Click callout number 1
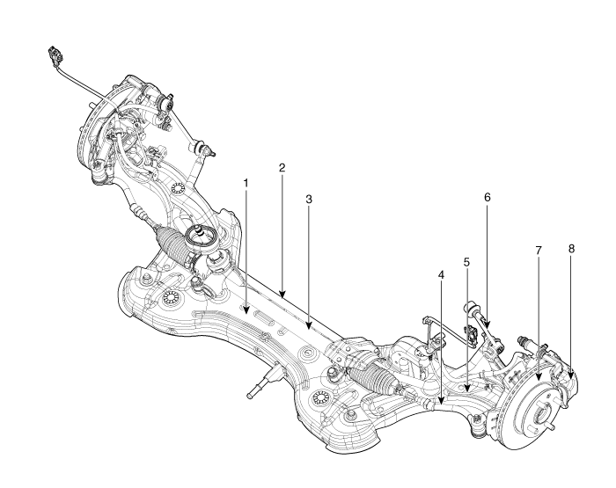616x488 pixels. click(247, 182)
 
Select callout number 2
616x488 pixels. click(282, 167)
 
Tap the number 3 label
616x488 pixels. click(309, 200)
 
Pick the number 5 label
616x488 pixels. click(467, 262)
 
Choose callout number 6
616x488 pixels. click(487, 198)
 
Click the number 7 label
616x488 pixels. click(539, 251)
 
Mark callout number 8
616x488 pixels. click(571, 249)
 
